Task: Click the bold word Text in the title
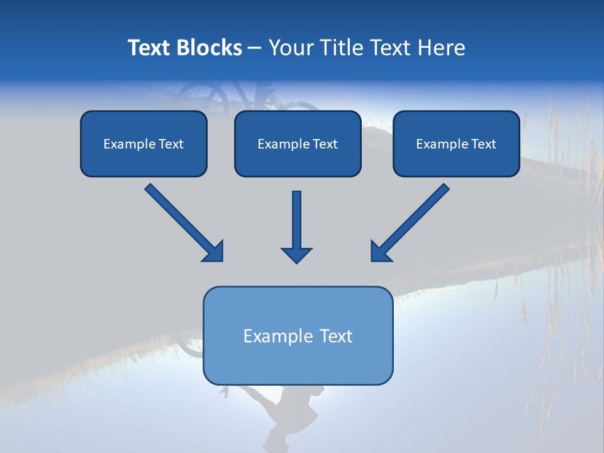pos(149,48)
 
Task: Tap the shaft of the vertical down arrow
pos(296,217)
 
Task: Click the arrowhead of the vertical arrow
pos(296,255)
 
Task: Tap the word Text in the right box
pos(484,144)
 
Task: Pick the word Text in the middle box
pos(325,144)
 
